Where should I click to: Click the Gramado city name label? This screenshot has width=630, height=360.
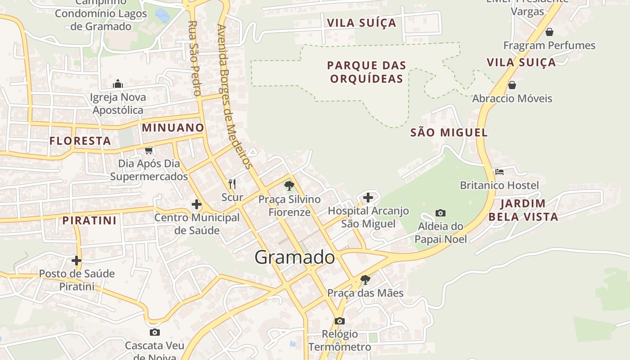(x=295, y=257)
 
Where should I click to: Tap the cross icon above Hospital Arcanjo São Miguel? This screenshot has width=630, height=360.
(x=368, y=197)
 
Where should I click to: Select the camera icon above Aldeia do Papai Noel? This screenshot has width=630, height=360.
(x=441, y=213)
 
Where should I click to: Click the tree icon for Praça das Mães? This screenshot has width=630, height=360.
(x=365, y=280)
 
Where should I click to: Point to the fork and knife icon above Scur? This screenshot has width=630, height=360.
(x=232, y=184)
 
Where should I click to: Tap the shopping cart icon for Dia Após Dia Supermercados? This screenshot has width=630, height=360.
(x=148, y=150)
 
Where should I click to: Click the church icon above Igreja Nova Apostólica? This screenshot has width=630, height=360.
(x=118, y=84)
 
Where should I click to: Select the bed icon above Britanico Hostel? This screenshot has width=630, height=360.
(x=499, y=172)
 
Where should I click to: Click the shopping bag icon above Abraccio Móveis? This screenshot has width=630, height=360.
(x=512, y=85)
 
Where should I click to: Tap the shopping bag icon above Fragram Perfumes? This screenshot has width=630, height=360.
(x=549, y=32)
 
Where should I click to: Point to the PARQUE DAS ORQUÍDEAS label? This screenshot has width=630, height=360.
(x=366, y=72)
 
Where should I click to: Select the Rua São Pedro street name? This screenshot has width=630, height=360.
(x=194, y=58)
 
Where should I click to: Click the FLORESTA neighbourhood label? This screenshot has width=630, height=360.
(x=80, y=141)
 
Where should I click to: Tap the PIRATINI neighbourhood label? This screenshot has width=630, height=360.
(x=89, y=220)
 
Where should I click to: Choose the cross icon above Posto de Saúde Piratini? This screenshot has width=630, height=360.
(x=76, y=260)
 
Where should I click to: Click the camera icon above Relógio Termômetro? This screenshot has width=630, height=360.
(x=340, y=321)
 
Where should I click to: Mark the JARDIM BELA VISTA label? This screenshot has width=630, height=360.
(x=523, y=210)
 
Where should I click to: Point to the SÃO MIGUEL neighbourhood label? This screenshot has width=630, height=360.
(x=449, y=132)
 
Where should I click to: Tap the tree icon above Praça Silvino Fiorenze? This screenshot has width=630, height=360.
(x=289, y=185)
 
